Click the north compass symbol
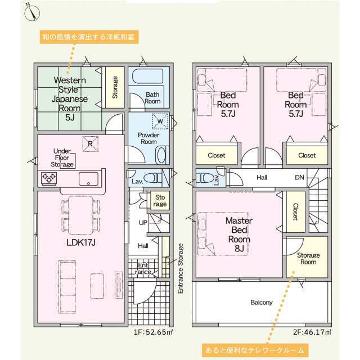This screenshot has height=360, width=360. pos(32,12)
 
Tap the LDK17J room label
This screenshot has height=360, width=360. pos(81,242)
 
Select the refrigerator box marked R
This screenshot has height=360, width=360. pos(91,144)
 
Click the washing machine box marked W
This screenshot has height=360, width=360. pos(160,121)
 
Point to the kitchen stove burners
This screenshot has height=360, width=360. pos(49,178)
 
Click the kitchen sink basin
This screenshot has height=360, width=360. pos(88,179)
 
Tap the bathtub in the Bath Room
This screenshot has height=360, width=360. pos(148,76)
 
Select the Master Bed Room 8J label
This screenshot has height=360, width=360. pos(239,235)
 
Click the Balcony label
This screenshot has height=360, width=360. pos(262,303)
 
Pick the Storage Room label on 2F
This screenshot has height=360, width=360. pos(308,259)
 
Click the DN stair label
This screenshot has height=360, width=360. pos(299,177)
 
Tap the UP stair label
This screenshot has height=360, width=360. pos(143,223)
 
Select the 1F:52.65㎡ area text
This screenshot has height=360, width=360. pos(153,332)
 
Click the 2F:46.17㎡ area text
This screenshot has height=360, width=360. pos(312,332)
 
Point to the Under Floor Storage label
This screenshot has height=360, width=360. pos(62,157)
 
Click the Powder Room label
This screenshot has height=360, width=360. pos(148,138)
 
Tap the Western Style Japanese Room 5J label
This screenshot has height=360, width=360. pos(70,99)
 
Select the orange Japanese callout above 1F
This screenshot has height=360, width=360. pos(89,37)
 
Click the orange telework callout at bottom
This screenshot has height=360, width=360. pos(255,350)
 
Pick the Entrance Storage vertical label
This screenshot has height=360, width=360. pos(181,268)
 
